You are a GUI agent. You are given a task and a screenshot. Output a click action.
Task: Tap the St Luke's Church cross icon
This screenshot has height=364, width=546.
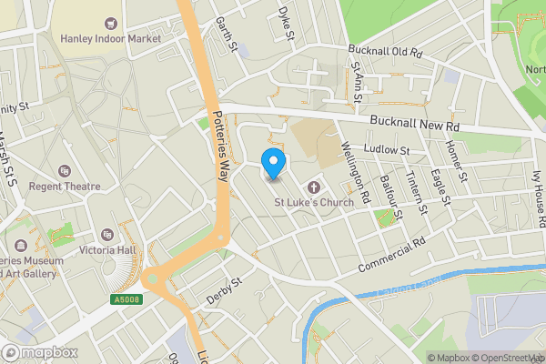(x=317, y=186)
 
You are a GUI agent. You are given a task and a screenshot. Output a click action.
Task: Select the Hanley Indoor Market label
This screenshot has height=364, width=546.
(x=110, y=38)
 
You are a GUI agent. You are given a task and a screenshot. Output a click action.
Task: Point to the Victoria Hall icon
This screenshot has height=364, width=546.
(x=108, y=235)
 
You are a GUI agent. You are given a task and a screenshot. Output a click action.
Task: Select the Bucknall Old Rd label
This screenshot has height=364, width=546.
(x=386, y=52)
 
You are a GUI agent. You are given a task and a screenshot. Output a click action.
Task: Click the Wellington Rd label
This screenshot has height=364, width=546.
(x=357, y=170)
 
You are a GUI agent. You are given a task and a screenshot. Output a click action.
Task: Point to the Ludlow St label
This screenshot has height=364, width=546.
(x=388, y=149)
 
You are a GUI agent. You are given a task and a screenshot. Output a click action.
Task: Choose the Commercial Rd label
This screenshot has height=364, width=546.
(x=392, y=256)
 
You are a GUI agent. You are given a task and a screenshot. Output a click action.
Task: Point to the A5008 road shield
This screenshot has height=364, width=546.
(x=126, y=298)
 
